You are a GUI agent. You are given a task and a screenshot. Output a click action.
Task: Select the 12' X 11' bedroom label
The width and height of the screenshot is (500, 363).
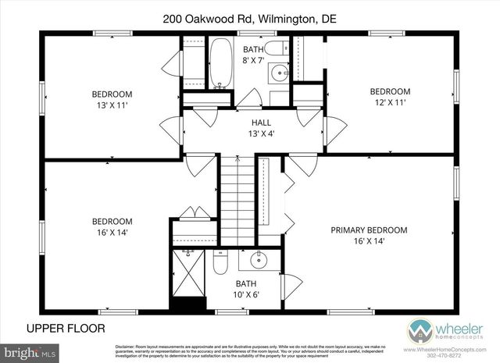(389, 96)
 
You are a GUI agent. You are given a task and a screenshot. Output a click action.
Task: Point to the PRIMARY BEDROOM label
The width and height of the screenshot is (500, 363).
(369, 235)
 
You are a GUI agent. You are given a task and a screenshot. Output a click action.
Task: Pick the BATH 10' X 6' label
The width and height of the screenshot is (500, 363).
(246, 289)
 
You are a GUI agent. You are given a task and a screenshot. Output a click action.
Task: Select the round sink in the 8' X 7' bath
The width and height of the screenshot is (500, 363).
(279, 74)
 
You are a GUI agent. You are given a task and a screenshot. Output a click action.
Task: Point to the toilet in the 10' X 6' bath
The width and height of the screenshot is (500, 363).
(220, 263)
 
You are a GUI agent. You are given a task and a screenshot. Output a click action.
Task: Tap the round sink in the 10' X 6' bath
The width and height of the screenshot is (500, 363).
(255, 260)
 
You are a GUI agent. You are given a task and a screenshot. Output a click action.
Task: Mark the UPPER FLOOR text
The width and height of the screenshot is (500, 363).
(66, 328)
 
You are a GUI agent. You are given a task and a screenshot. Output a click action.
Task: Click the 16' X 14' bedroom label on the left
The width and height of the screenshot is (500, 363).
(112, 226)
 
